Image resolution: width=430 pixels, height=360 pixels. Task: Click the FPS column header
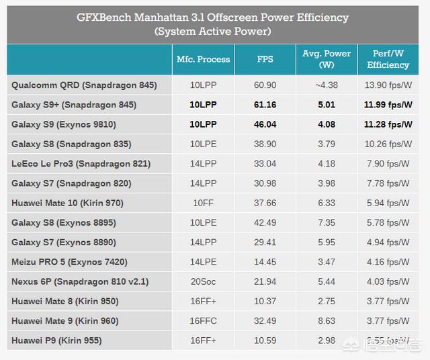point(265,59)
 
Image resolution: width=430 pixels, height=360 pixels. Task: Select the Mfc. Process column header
point(203,59)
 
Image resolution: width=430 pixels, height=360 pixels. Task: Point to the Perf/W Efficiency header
point(388,59)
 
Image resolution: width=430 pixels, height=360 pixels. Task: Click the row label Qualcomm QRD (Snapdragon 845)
point(84,85)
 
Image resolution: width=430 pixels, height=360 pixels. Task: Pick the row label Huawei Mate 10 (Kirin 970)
point(67,203)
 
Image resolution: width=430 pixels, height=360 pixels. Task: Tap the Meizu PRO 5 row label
point(69,262)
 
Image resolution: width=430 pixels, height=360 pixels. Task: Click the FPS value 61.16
point(265,105)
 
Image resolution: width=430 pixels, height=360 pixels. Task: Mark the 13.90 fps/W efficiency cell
point(388,85)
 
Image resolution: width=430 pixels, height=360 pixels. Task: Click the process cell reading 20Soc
point(203,281)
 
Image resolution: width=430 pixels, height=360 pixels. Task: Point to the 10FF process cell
point(203,203)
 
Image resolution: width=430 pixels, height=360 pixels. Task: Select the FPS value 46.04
point(265,124)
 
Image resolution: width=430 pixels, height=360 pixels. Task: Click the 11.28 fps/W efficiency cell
point(388,124)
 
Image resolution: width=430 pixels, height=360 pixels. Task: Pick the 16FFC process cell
point(203,321)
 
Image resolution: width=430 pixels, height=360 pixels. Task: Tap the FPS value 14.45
point(265,262)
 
